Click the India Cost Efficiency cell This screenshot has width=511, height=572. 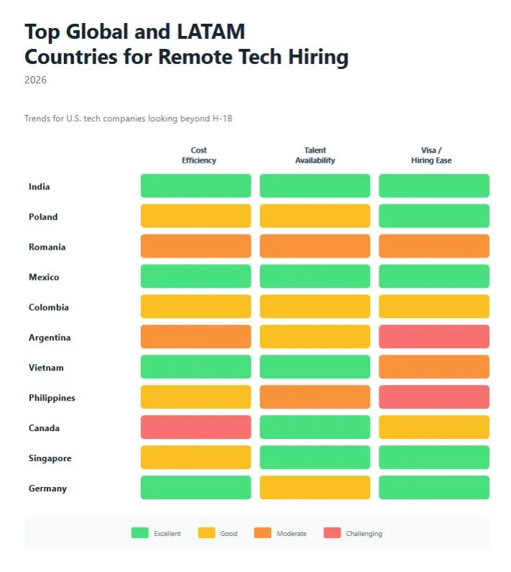click(x=195, y=186)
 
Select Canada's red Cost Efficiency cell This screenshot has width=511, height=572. click(x=195, y=427)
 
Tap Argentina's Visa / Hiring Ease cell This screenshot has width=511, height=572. click(x=434, y=336)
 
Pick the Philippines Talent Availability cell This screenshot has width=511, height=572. click(x=315, y=396)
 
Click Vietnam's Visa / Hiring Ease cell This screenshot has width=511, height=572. click(x=434, y=366)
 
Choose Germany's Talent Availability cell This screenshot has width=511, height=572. click(x=315, y=487)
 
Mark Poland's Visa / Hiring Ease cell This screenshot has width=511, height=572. click(x=434, y=216)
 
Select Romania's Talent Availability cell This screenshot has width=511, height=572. click(x=315, y=246)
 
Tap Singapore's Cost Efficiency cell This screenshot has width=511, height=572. click(x=195, y=457)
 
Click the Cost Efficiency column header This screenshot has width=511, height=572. click(x=199, y=155)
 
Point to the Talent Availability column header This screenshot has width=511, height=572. click(x=315, y=155)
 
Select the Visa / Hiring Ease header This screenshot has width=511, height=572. click(x=431, y=155)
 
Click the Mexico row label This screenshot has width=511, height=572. click(x=44, y=277)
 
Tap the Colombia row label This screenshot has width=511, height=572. click(x=49, y=307)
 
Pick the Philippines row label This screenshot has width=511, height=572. click(x=52, y=398)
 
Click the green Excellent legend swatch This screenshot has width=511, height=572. click(x=139, y=533)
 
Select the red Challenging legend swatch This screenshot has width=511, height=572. click(x=331, y=533)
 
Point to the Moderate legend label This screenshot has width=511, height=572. click(x=291, y=534)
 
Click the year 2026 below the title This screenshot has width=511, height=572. click(x=35, y=80)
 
